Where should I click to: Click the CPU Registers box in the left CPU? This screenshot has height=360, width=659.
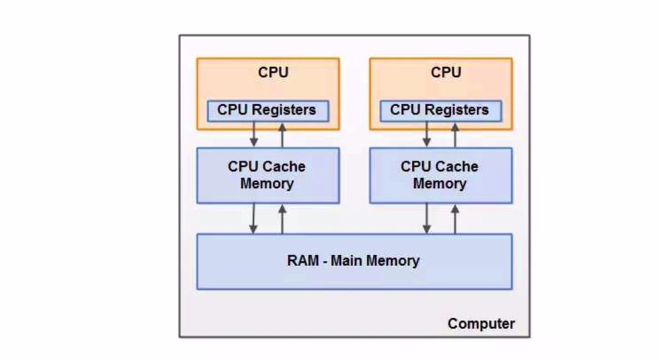(x=267, y=110)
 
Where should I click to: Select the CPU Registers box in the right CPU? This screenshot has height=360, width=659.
(x=440, y=110)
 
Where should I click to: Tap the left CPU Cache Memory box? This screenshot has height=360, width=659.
(x=267, y=175)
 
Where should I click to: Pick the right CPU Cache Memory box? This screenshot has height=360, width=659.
(x=440, y=175)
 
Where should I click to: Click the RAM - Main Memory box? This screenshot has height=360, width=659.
(x=354, y=261)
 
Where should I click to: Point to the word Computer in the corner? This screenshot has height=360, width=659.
(x=481, y=324)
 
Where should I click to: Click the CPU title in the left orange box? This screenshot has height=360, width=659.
(x=274, y=72)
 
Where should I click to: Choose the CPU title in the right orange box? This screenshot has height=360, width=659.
(x=446, y=72)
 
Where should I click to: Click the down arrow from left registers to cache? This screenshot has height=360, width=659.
(x=254, y=134)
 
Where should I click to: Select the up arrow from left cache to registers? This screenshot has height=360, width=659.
(x=282, y=134)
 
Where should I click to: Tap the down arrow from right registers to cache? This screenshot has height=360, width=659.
(x=427, y=134)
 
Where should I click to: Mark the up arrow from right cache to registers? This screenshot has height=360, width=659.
(x=455, y=134)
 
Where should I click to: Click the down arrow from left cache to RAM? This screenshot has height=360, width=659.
(x=254, y=218)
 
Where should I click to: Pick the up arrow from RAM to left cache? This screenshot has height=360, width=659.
(x=282, y=218)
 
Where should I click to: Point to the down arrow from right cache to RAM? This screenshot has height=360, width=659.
(x=427, y=218)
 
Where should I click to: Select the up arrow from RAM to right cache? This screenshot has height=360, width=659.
(x=455, y=218)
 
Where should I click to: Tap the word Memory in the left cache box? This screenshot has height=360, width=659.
(x=267, y=184)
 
